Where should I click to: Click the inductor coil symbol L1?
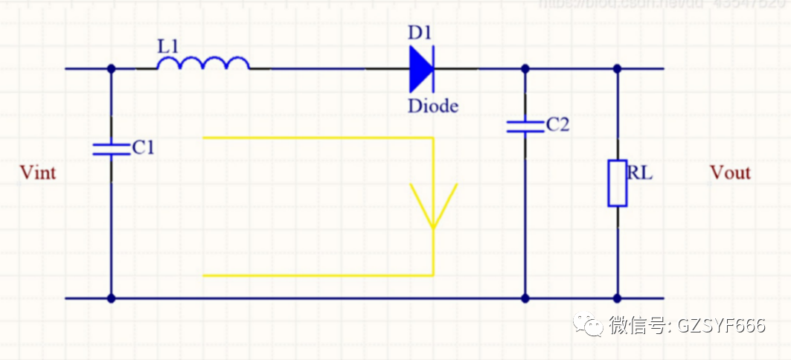(202, 65)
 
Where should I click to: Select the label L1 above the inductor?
(168, 45)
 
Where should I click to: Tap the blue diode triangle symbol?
(421, 68)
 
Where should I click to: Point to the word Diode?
(432, 106)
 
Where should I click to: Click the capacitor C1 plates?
(112, 149)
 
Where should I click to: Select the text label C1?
(143, 148)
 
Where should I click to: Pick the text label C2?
(557, 124)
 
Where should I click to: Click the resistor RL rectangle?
(617, 183)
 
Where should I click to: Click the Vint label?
(38, 173)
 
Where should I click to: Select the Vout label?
(730, 173)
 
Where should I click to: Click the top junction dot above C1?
(112, 68)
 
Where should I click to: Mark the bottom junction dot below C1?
(112, 298)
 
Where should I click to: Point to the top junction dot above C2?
(525, 68)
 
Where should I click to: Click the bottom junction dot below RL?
(617, 298)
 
